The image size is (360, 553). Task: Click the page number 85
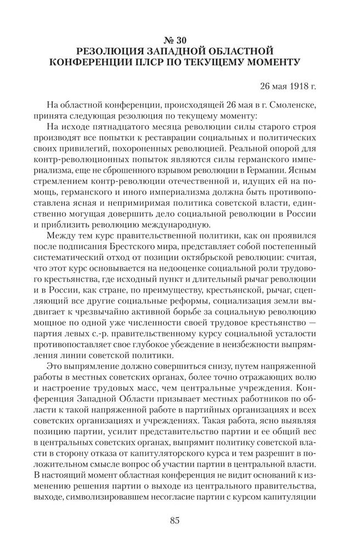tap(179, 522)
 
